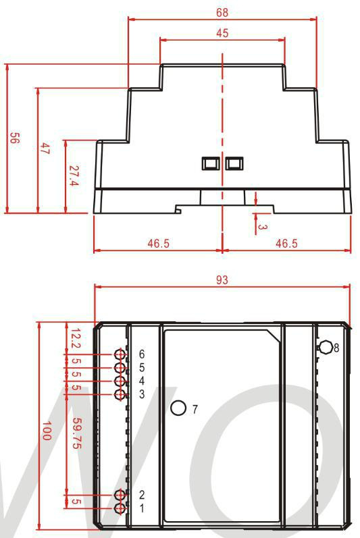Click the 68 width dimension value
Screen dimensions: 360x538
pos(222,13)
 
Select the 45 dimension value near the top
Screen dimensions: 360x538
pos(222,33)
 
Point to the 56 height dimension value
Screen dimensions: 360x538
pos(14,138)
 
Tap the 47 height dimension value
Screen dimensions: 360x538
pos(45,149)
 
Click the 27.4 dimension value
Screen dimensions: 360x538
pos(74,176)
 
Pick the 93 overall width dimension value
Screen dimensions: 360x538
pos(222,280)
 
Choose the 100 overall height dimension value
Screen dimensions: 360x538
pos(47,430)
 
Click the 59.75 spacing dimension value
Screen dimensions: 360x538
pos(77,433)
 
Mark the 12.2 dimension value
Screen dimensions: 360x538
pos(76,338)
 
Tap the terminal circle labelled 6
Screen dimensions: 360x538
pos(120,354)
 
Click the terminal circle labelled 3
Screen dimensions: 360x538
pos(120,395)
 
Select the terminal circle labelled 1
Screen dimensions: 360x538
pos(120,508)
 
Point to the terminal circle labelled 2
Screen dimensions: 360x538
pos(120,495)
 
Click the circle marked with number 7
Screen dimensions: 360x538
pos(178,408)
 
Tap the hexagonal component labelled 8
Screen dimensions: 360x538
pos(325,347)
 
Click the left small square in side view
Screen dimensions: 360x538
pos(210,163)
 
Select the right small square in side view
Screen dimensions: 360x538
pos(234,163)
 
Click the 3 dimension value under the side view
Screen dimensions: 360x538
pos(263,227)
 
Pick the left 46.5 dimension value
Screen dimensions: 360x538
pos(159,243)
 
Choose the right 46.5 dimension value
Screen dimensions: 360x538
pos(286,243)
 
